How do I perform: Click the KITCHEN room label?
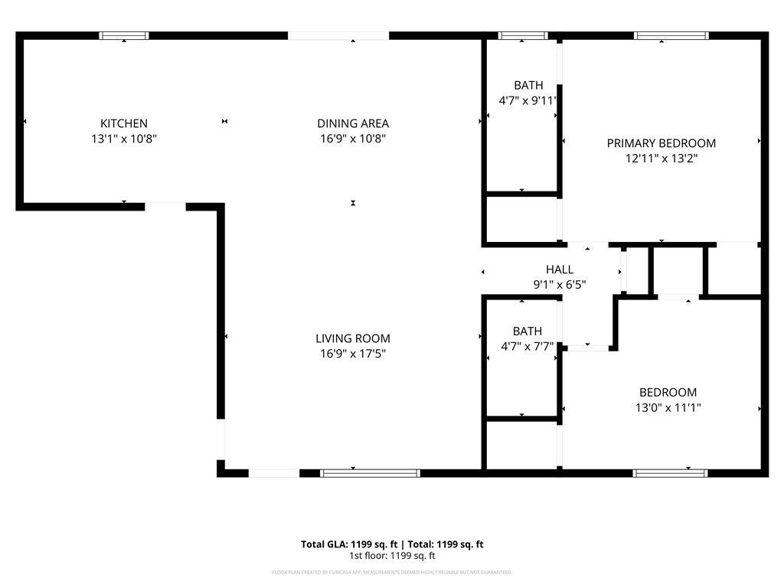point(124,123)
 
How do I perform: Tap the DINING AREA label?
point(353,123)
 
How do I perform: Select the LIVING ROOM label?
point(353,338)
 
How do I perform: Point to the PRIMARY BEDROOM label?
point(661,143)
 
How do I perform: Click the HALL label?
point(559,269)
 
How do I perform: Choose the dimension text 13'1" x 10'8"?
point(124,139)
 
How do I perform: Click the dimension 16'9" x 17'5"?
point(353,354)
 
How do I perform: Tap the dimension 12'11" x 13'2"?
point(661,158)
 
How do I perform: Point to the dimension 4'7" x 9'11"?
point(527,100)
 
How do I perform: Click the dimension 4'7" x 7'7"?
point(527,346)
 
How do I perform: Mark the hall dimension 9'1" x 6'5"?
point(559,285)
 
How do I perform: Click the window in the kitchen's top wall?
point(124,35)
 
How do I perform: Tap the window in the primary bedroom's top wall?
point(671,35)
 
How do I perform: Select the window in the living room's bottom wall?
point(370,473)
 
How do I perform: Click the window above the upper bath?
point(523,35)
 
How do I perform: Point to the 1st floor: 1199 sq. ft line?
point(392,556)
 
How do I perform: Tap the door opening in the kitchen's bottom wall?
point(165,206)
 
